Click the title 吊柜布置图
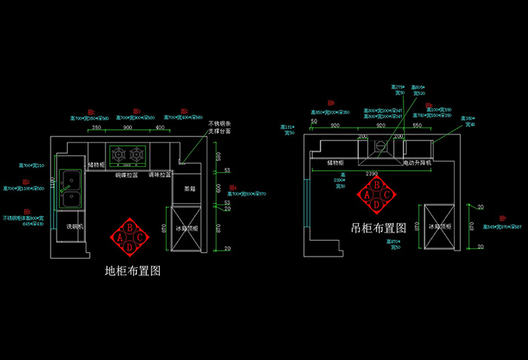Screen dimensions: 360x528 click(x=379, y=227)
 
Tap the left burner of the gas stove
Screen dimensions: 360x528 click(x=118, y=155)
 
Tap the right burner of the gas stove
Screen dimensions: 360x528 click(x=137, y=155)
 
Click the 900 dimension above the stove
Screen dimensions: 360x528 click(x=127, y=128)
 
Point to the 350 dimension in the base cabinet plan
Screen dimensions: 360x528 click(x=97, y=128)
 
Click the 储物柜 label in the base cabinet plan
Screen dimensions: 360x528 click(x=97, y=164)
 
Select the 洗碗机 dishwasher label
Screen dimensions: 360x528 click(x=75, y=226)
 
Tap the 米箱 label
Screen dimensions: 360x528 click(x=189, y=189)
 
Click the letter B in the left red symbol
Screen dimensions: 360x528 click(x=129, y=226)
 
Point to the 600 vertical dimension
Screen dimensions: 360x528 click(x=217, y=187)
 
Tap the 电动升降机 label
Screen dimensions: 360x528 click(x=417, y=162)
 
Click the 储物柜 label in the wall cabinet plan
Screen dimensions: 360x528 click(x=336, y=162)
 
